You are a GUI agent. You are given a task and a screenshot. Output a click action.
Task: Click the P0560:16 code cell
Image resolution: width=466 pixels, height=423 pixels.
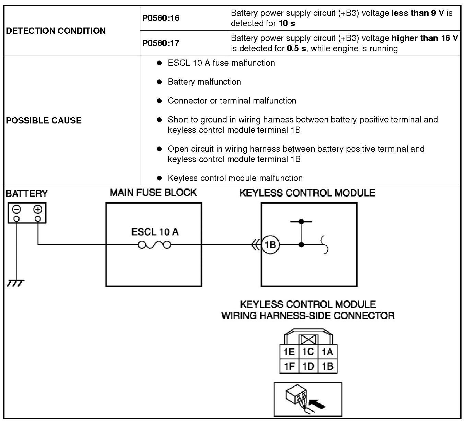pos(161,18)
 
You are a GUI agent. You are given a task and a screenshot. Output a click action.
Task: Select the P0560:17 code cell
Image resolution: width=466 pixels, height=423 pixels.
pos(161,43)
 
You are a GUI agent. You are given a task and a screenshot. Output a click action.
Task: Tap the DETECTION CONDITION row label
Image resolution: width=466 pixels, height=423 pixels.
pos(56,31)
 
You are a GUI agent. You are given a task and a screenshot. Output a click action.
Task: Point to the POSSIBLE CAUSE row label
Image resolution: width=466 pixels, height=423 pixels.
pos(44,120)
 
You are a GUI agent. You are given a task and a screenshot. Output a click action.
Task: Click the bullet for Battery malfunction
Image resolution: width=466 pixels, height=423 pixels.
pos(159,82)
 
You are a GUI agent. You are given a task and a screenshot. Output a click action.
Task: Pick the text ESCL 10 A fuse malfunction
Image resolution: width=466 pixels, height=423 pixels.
pos(221,63)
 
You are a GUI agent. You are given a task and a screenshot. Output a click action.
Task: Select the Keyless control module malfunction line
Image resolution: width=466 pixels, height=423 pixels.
pos(235,178)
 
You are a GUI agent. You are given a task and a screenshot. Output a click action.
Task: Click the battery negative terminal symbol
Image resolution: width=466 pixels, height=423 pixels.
pos(17,209)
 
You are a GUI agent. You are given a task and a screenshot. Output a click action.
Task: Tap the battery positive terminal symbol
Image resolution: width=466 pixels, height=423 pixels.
pos(38,209)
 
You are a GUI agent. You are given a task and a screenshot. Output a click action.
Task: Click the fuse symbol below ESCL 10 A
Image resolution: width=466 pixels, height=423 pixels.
pos(154,245)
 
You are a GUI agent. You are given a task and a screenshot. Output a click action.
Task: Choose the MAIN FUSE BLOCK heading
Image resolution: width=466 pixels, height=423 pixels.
pos(153,193)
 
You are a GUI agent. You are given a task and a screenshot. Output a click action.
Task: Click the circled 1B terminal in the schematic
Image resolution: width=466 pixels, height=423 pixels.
pos(270,245)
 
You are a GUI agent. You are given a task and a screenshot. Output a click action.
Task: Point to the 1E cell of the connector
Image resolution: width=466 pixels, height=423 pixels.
pos(289,352)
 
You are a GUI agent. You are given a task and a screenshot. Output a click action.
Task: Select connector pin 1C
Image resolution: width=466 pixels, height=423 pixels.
pos(308,352)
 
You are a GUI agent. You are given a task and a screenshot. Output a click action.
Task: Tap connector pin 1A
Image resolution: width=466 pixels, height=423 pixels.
pos(327,352)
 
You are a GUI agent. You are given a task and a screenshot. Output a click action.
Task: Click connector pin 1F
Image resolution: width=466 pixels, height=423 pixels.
pos(289,366)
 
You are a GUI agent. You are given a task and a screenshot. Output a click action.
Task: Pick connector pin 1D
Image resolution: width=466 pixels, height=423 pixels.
pos(308,366)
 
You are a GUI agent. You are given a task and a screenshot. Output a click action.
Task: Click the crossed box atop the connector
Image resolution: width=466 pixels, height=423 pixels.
pos(308,340)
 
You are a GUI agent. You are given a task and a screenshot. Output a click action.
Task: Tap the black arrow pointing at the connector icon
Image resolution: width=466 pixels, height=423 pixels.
pos(317,403)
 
